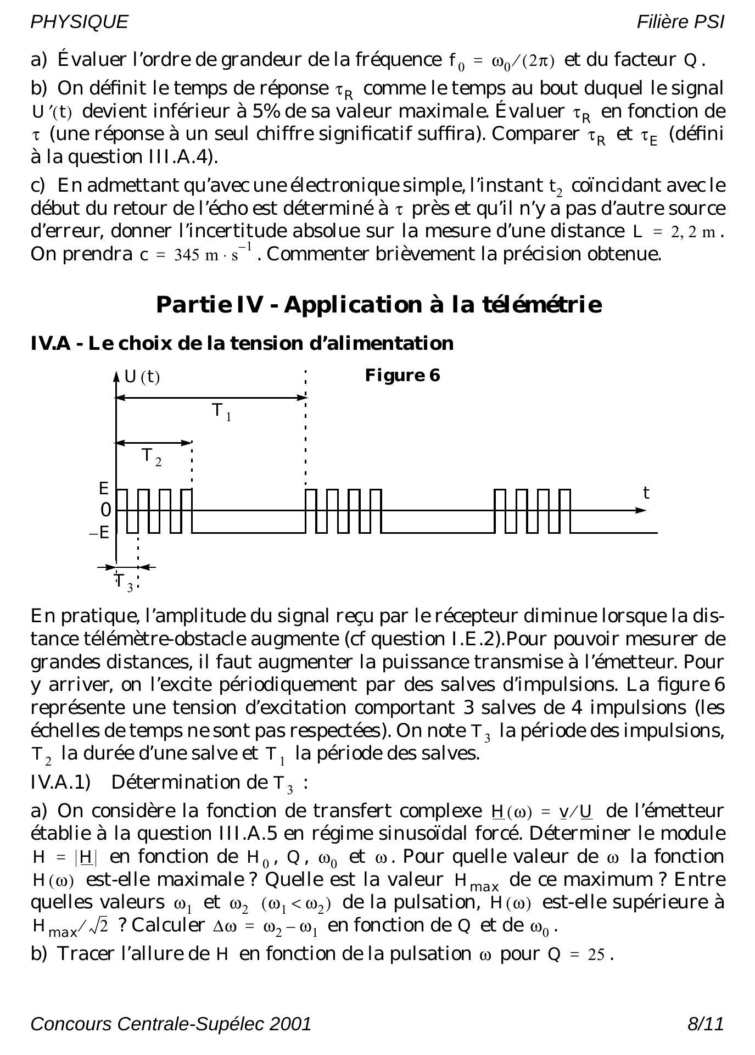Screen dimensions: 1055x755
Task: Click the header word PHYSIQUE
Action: coord(79,22)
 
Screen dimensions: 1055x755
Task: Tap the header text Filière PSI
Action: coord(680,22)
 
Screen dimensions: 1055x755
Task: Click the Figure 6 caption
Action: coord(402,376)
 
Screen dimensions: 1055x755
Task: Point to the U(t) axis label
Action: coord(142,377)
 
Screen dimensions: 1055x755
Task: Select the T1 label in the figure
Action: coord(221,411)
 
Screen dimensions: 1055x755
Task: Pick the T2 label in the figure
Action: coord(151,456)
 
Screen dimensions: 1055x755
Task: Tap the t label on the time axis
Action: coord(646,493)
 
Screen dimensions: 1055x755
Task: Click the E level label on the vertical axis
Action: coord(104,488)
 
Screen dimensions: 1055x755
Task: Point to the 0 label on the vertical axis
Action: coord(105,510)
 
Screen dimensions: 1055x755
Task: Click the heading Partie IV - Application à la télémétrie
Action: coord(379,304)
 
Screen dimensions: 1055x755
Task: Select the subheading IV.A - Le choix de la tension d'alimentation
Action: coord(242,343)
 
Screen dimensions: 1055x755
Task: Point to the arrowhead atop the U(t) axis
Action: coord(116,376)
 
